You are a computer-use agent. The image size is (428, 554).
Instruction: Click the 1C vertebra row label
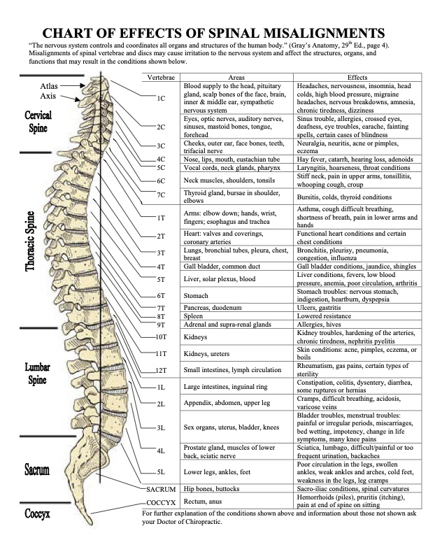coord(161,99)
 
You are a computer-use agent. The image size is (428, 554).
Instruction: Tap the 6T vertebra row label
coord(161,296)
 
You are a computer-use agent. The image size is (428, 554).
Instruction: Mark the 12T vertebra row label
coord(161,369)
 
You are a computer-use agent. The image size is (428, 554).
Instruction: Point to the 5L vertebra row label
coord(161,472)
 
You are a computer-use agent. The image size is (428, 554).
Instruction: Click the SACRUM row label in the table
coord(161,488)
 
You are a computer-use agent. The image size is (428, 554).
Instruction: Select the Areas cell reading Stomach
coord(197,296)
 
